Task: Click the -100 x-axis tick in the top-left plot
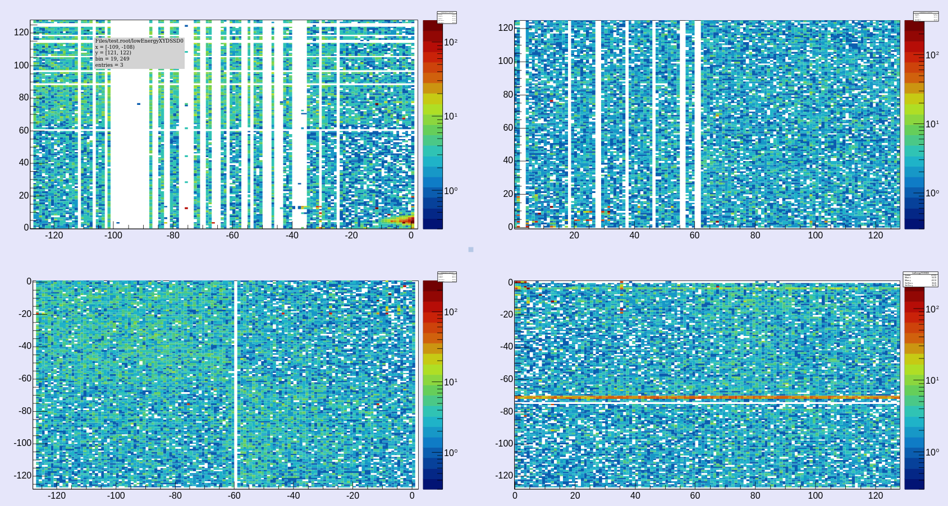(x=113, y=236)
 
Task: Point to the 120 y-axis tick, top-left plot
(x=21, y=33)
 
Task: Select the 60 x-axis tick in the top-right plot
(x=694, y=236)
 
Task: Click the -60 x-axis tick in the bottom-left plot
(x=234, y=496)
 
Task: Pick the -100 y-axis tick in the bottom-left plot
(x=22, y=443)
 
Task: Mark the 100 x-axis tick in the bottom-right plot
(x=815, y=496)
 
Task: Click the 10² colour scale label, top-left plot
(x=451, y=43)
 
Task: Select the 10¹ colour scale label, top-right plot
(x=932, y=124)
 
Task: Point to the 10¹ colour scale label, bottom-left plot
(x=451, y=383)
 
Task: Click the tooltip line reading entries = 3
(x=109, y=65)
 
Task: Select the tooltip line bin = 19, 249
(x=112, y=59)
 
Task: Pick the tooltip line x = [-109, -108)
(x=115, y=47)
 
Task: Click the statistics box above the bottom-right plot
(x=920, y=279)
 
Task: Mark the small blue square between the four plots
(x=471, y=250)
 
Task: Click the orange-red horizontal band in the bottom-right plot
(x=707, y=398)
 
